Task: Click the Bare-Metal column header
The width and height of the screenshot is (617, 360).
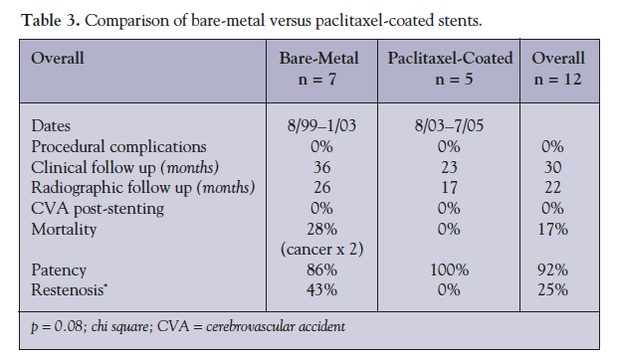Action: click(x=320, y=59)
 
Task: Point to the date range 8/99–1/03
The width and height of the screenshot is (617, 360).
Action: click(x=320, y=126)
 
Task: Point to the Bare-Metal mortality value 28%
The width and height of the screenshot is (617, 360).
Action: click(x=320, y=230)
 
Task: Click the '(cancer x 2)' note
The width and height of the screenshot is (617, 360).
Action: click(x=320, y=249)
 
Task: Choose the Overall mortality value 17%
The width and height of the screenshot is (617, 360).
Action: click(x=558, y=230)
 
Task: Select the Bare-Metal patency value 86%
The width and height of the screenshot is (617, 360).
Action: click(x=320, y=270)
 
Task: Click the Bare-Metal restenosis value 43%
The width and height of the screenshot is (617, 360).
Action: click(x=320, y=289)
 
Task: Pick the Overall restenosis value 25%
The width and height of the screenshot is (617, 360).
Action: click(x=558, y=289)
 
